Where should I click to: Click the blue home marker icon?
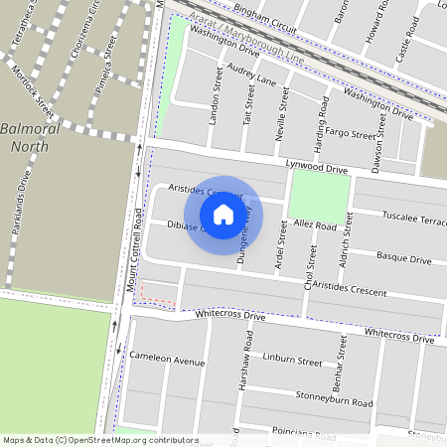[x=223, y=215]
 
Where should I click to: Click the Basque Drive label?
[x=404, y=259]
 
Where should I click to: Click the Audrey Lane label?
[x=251, y=74]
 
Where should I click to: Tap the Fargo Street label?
[x=350, y=131]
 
